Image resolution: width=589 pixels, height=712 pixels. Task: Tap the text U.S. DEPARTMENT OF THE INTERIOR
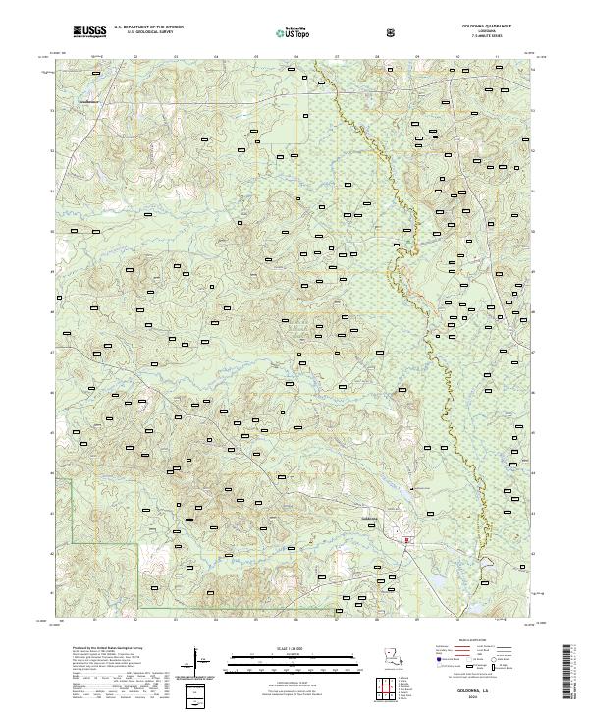(149, 29)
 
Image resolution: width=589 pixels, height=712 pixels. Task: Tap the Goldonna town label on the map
(369, 518)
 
